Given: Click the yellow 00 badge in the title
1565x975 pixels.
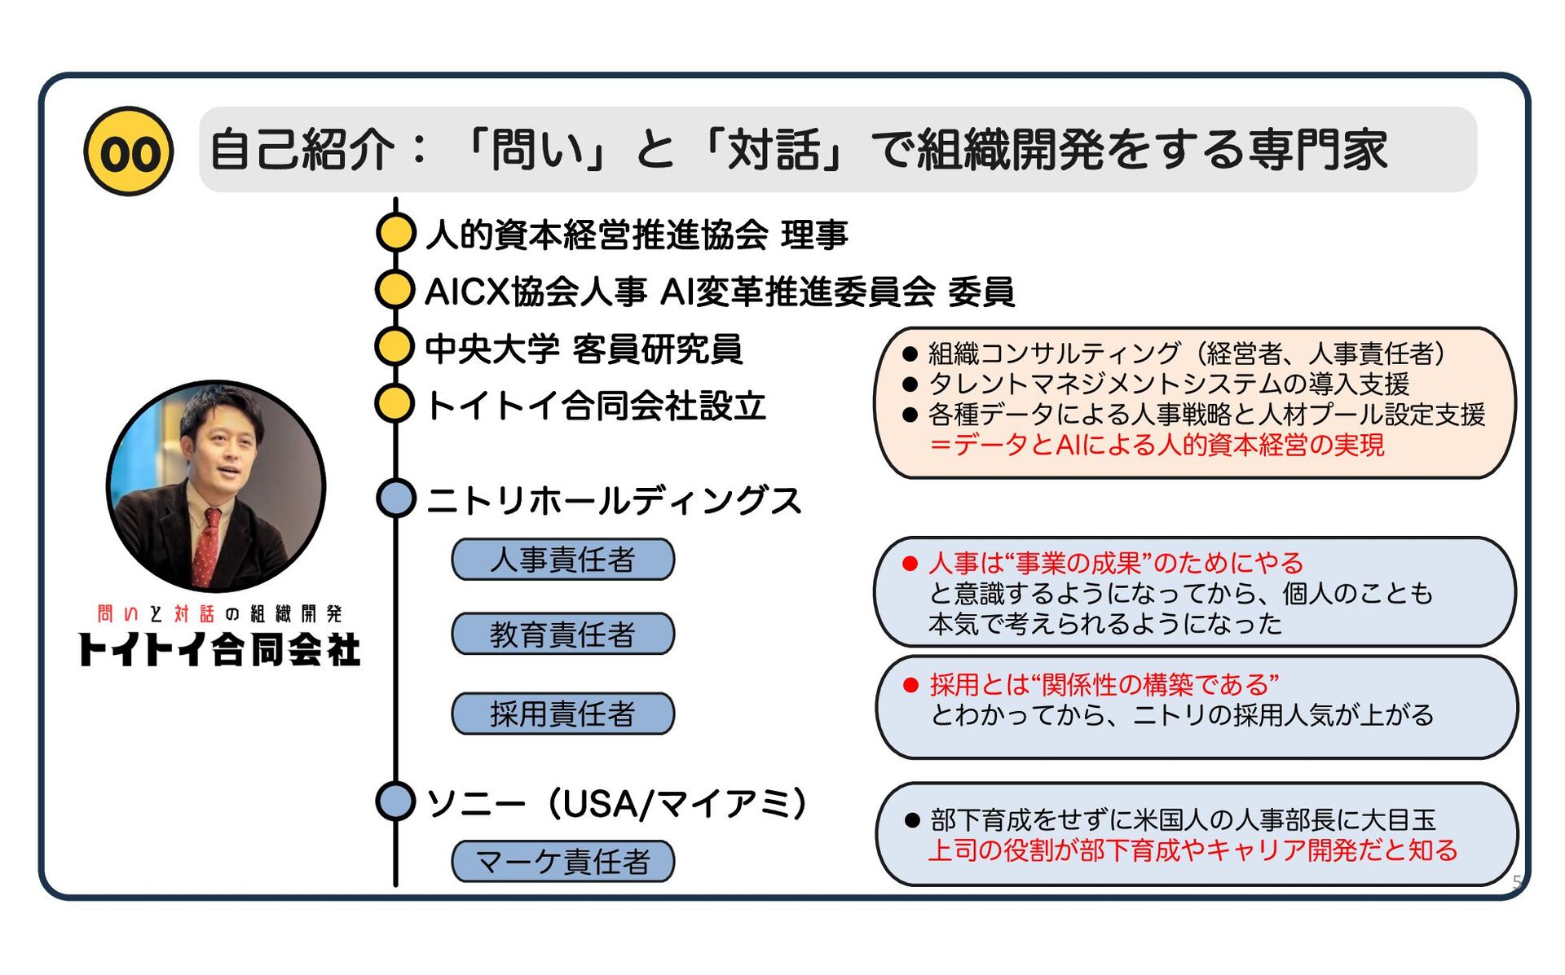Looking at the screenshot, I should (129, 152).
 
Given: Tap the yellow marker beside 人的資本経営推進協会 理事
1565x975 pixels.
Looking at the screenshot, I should (396, 233).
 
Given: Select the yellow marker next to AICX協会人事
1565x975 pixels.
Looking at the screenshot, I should (396, 290).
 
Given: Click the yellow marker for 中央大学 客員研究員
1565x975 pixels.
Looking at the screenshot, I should (396, 347).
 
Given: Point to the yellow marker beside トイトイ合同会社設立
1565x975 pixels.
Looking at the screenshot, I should (396, 404).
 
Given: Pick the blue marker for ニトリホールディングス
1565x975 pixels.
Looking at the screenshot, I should (397, 498).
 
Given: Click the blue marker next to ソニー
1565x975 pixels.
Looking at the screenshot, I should (397, 801).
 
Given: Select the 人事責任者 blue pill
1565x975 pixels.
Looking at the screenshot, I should (563, 560).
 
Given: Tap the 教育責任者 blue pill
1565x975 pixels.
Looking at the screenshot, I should (563, 634).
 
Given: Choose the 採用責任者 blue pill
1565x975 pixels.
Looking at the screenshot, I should (563, 714).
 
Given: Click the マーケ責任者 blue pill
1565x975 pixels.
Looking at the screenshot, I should (563, 861).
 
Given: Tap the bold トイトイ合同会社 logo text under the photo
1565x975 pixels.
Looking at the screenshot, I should (219, 649).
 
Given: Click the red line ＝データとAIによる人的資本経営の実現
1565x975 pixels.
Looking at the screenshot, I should (1157, 445).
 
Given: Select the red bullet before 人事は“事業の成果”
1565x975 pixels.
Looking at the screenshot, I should (910, 564).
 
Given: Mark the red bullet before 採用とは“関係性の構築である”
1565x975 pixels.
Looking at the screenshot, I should (912, 685).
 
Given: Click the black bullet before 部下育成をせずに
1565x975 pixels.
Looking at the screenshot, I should (913, 820).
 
